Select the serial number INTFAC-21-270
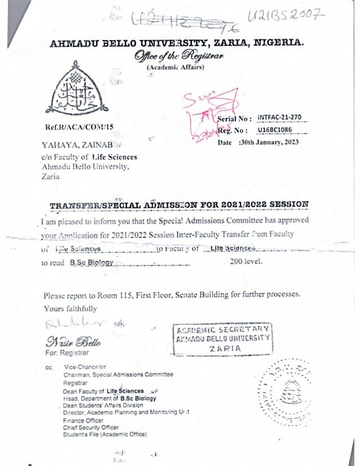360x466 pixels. (x=279, y=117)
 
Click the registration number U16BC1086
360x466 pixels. (x=277, y=130)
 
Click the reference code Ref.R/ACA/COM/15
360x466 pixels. (x=78, y=127)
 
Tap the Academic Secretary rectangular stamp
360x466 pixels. (x=222, y=339)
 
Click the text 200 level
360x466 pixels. (x=246, y=262)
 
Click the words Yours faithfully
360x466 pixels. (x=71, y=309)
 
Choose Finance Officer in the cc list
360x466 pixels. (x=84, y=420)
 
